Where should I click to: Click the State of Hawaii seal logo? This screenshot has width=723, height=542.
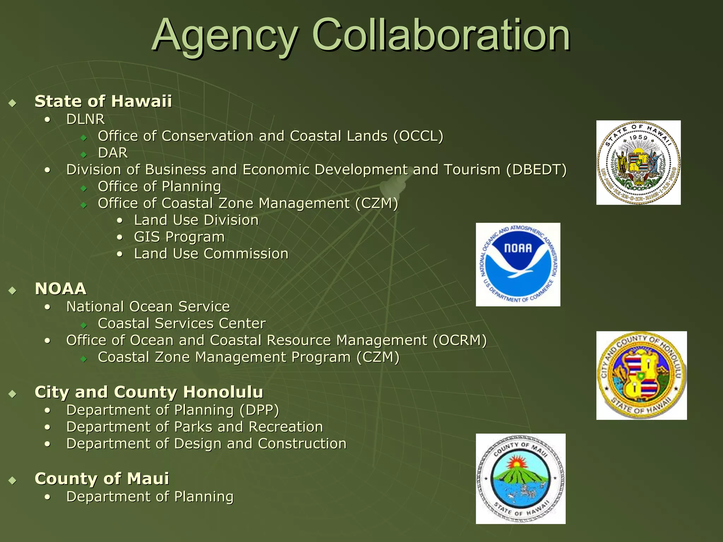[638, 163]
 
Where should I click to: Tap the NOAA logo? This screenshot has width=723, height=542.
[518, 265]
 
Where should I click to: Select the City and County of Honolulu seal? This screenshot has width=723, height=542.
[641, 375]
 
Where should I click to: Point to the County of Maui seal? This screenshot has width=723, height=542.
[520, 479]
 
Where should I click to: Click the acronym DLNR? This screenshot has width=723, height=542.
[85, 119]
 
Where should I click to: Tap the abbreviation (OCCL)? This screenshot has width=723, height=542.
[418, 136]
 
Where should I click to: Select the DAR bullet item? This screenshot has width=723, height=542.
[113, 153]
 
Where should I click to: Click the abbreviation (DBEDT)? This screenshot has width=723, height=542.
[536, 170]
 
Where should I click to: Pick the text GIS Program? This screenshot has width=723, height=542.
[179, 237]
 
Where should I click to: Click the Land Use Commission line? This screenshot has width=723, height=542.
[211, 254]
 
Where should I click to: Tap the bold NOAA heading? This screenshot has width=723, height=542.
[60, 289]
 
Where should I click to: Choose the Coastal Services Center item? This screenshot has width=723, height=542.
[181, 324]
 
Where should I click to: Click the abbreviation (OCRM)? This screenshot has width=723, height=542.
[460, 341]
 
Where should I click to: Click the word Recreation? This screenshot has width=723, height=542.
[286, 427]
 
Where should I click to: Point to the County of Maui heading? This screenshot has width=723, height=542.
[102, 479]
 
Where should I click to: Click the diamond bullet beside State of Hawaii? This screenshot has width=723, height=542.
[13, 103]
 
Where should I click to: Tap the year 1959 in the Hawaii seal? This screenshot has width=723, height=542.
[638, 138]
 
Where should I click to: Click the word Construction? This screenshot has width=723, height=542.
[302, 444]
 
